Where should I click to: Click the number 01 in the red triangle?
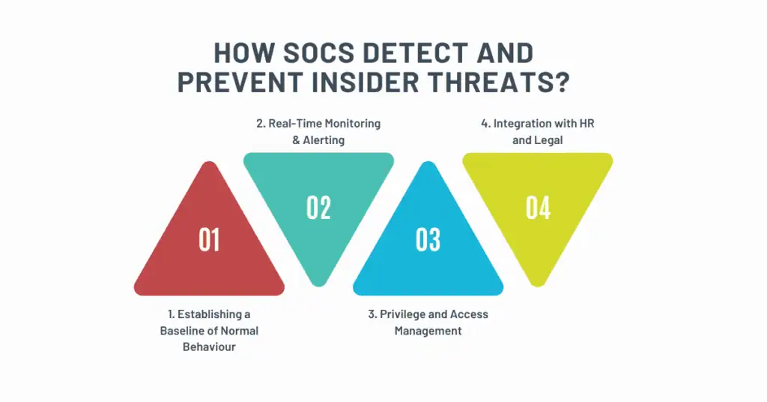coord(209,239)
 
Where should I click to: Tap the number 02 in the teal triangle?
coord(318,208)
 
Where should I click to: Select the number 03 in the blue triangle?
coord(428,239)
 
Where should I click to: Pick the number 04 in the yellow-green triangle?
coord(538,208)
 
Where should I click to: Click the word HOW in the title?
coord(239,53)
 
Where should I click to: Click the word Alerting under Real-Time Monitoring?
coord(324,139)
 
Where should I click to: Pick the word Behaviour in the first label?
coord(209,347)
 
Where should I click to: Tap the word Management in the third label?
coord(428,331)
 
